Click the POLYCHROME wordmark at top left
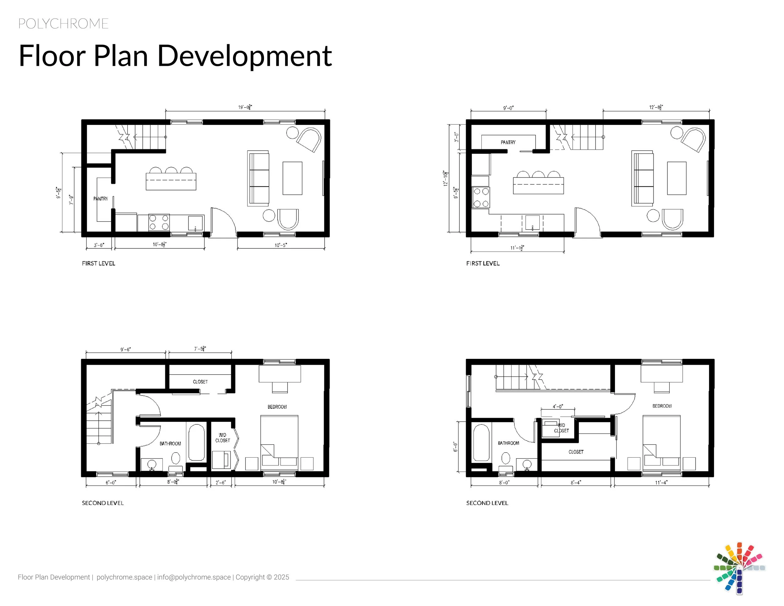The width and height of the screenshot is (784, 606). (x=63, y=24)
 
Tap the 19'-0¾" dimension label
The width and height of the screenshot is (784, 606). (x=245, y=107)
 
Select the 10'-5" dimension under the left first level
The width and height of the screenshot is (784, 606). (x=281, y=245)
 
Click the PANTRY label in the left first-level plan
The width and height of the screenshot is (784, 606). (x=101, y=199)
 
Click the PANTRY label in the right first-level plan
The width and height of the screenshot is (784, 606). (x=508, y=142)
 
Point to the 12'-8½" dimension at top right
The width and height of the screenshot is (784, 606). (x=656, y=107)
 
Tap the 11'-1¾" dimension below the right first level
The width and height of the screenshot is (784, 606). (x=517, y=248)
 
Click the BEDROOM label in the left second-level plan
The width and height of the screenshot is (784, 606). (x=277, y=407)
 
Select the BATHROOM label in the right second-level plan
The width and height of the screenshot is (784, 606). (x=508, y=443)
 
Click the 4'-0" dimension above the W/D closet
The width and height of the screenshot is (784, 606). (x=558, y=407)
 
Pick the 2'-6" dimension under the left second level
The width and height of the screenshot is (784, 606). (x=221, y=482)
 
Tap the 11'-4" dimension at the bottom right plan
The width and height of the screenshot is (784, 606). (x=661, y=482)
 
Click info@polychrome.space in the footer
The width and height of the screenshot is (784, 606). (x=194, y=577)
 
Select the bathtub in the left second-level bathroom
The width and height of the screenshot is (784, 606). (x=196, y=442)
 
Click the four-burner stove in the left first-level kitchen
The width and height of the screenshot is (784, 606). (x=159, y=222)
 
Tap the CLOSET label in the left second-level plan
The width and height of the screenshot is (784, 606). (x=200, y=382)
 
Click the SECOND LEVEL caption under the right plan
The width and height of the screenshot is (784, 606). (x=487, y=503)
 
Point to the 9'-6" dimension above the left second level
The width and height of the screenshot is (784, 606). (x=126, y=349)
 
